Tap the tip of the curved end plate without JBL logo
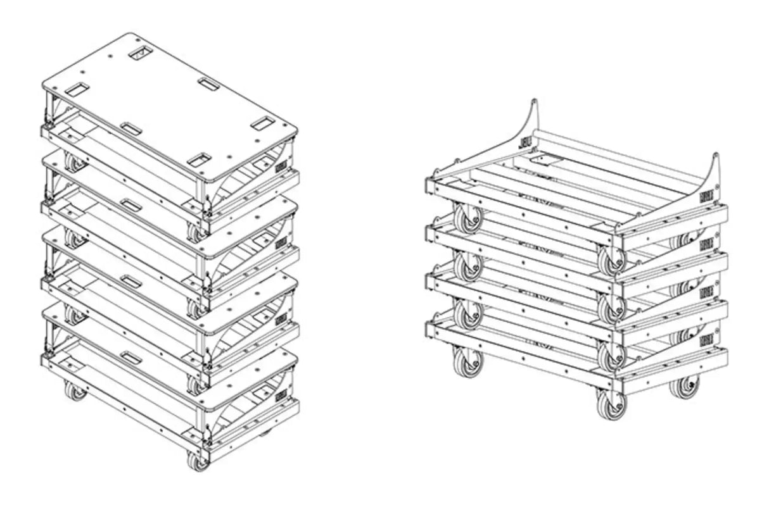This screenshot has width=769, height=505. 715,156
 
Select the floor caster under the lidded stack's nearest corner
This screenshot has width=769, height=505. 199,460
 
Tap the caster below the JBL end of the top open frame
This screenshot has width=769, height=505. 468,218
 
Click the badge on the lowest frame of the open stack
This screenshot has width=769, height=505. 706,342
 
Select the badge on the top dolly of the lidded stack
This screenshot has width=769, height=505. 281,166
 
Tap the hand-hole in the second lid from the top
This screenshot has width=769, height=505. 131,204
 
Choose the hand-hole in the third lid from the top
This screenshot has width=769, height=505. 131,280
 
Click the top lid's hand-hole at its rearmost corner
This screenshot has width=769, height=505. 140,53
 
